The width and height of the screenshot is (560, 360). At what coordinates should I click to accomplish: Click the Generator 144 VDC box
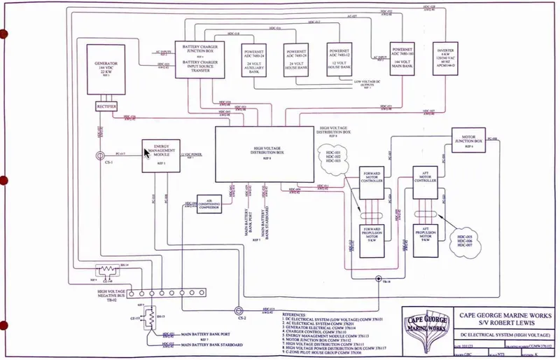(108, 70)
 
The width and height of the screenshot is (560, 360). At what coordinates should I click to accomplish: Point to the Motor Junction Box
(469, 140)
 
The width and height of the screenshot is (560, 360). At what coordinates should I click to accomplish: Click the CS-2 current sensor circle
(237, 308)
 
